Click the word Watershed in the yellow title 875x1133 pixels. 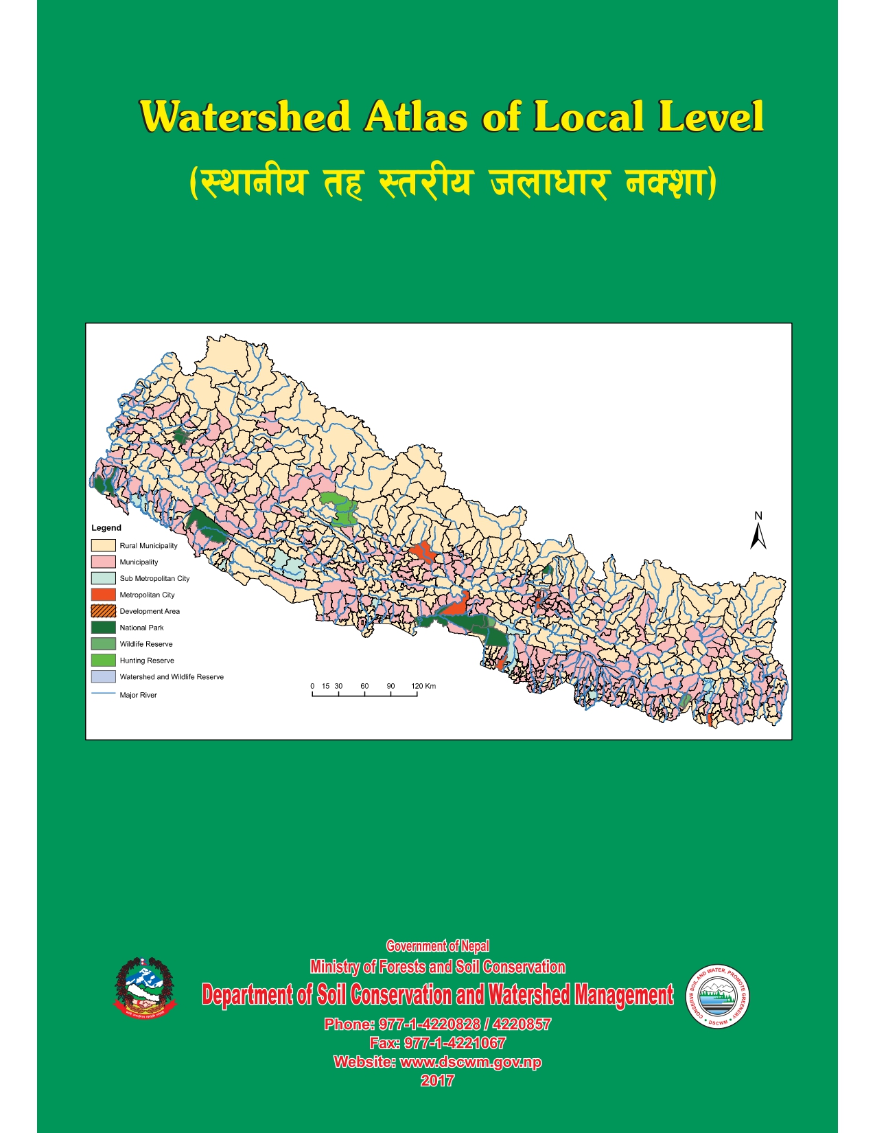[x=245, y=117]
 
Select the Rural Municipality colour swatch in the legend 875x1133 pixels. [x=103, y=545]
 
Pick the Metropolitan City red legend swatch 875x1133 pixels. [x=103, y=595]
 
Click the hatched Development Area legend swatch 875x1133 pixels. [x=103, y=611]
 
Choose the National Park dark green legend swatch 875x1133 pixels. [x=103, y=628]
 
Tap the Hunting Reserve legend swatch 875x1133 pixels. [x=103, y=661]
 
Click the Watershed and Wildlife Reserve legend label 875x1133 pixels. [x=172, y=677]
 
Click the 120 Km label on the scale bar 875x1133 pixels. [x=423, y=686]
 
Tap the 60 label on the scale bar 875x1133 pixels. [x=364, y=686]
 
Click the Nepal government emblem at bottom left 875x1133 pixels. [x=144, y=987]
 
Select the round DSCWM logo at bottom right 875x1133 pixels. [x=718, y=996]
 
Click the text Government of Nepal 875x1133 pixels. [x=438, y=946]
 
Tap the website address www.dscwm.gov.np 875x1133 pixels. [x=470, y=1062]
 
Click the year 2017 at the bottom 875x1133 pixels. [x=438, y=1081]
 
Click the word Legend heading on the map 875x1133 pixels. [x=106, y=528]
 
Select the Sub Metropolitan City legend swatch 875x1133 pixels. [x=103, y=578]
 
